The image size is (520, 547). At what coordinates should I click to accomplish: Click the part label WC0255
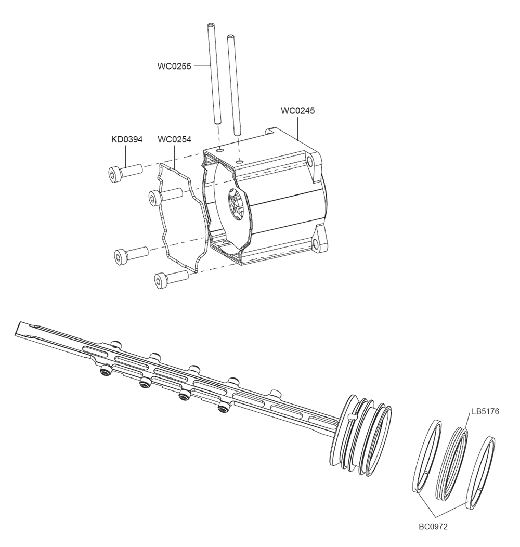tap(174, 66)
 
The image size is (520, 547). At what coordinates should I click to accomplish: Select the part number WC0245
tap(297, 111)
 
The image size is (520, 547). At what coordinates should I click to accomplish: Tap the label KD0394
tap(127, 139)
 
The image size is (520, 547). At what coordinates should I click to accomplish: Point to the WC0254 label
tap(174, 139)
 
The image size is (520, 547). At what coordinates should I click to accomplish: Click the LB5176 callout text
tap(485, 411)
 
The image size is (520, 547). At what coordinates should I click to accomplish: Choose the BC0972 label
tap(433, 526)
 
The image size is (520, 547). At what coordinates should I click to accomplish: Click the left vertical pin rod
tap(213, 73)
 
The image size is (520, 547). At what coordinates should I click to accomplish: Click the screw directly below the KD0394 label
tap(125, 172)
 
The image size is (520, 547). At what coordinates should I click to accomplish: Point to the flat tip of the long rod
tap(23, 329)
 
